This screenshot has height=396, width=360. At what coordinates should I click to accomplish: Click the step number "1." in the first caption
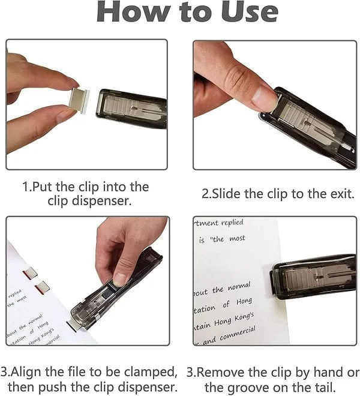click(26, 187)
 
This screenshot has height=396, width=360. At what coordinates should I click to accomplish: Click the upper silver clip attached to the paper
click(30, 274)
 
